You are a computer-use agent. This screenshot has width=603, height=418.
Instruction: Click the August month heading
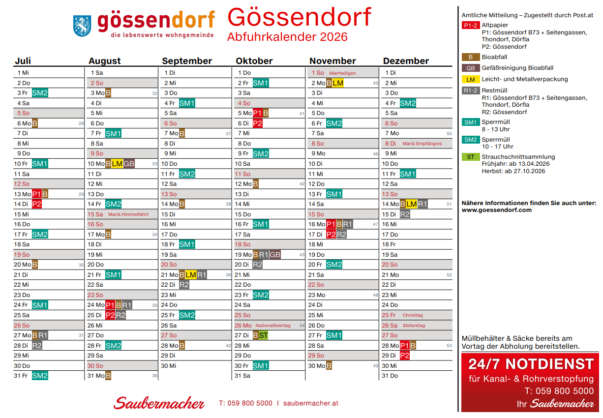[x=104, y=61]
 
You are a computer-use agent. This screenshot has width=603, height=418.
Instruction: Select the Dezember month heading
[x=406, y=61]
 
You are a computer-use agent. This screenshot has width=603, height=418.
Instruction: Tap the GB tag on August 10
[x=129, y=164]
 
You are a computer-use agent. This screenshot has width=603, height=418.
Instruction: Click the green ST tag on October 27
[x=263, y=335]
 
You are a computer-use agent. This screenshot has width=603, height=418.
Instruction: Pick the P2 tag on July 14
[x=37, y=204]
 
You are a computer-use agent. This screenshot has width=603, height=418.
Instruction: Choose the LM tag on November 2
[x=338, y=83]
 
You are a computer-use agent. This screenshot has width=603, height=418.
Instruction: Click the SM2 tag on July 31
[x=40, y=376]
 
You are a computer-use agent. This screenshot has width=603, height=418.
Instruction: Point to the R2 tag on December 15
[x=405, y=214]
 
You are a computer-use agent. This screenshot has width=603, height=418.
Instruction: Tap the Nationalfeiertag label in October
[x=273, y=326]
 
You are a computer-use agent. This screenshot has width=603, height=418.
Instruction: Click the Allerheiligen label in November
[x=342, y=73]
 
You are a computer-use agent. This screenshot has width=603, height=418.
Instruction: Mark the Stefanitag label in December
[x=414, y=326]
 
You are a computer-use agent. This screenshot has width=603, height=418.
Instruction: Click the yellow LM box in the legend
[x=471, y=79]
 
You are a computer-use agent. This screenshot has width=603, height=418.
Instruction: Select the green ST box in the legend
[x=471, y=157]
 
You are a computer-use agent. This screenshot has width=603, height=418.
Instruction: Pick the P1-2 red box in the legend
[x=471, y=25]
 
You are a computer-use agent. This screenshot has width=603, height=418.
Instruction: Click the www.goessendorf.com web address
[x=496, y=210]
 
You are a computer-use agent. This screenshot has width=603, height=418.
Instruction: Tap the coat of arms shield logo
[x=82, y=25]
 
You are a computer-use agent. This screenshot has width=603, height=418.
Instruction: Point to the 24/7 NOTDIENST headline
[x=531, y=364]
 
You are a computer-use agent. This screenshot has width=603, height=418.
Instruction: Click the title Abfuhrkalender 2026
[x=287, y=37]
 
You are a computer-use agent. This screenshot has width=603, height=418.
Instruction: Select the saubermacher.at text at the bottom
[x=311, y=403]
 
